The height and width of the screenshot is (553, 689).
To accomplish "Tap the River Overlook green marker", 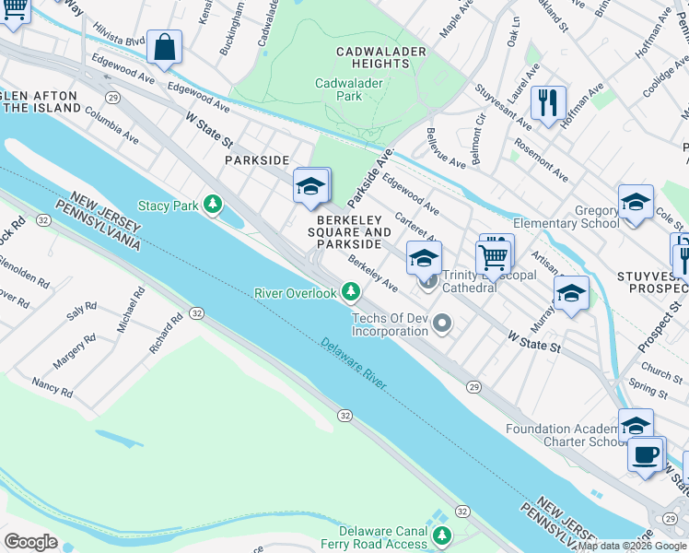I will coord(350,292).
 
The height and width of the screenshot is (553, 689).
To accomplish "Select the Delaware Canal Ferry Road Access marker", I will coord(443,535).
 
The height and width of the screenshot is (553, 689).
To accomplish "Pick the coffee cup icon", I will coord(646,453).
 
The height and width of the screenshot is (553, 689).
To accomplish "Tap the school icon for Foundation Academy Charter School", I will coord(636,426).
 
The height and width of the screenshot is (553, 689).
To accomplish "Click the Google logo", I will coord(30,542).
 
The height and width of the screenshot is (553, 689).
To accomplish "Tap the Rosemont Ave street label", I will coord(540,159).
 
